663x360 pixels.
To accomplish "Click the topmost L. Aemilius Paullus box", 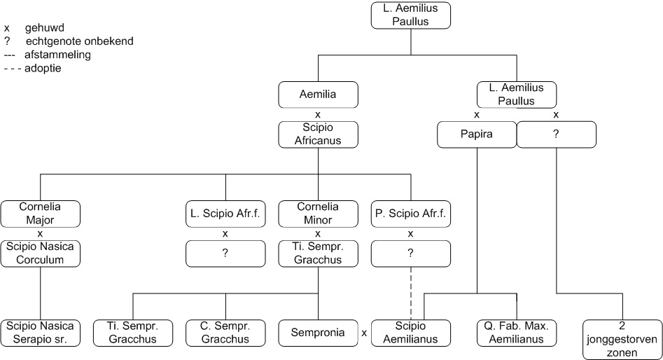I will tap(410, 15).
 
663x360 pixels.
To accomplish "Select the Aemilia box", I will tap(318, 94).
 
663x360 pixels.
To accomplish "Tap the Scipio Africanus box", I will tap(318, 134).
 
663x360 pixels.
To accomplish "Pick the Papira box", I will tap(476, 134).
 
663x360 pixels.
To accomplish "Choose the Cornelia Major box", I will tap(40, 214).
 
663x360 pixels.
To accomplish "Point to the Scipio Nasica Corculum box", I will tap(40, 253).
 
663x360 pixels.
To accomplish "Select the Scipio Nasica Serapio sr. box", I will tap(40, 333).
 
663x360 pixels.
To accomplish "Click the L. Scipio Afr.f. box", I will tap(225, 214).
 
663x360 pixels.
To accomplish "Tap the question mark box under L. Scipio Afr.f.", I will tap(225, 253).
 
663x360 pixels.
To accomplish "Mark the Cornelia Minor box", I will tap(318, 214).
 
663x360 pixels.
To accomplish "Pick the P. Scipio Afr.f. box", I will tap(410, 214).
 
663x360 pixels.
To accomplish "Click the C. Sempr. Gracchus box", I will tap(225, 333).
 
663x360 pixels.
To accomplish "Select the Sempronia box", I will tap(318, 333).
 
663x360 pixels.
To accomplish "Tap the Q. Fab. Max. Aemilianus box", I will tap(517, 333).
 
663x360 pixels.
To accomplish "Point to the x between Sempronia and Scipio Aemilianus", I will tap(364, 333).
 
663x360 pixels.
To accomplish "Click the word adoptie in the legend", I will tap(43, 68).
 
